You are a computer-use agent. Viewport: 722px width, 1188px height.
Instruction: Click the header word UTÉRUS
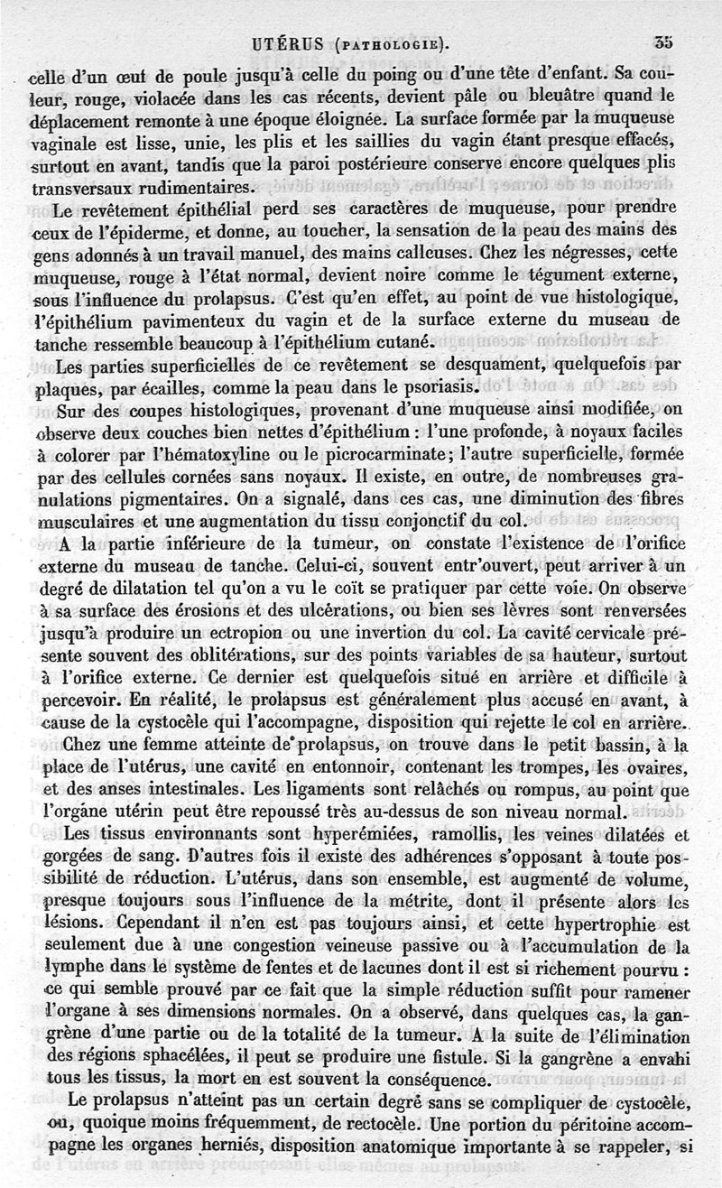click(x=288, y=42)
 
